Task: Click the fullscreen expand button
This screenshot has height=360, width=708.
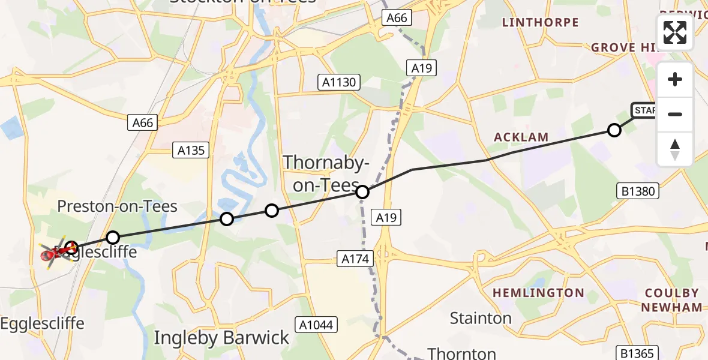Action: coord(675,32)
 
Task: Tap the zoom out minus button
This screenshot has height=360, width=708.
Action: coord(675,114)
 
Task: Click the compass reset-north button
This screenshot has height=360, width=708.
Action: coord(675,149)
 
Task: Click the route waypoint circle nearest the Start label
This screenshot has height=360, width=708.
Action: coord(614,130)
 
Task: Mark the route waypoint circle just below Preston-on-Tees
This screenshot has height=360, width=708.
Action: coord(113,238)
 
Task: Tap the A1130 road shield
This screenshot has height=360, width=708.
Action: coord(339,83)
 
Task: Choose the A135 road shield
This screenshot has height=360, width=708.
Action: coord(191,151)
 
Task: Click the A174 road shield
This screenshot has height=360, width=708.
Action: coord(355,259)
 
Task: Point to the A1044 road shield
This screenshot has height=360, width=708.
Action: coord(318,325)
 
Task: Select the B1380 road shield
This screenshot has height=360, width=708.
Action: coord(638,191)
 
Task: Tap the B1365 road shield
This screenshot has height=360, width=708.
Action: coord(638,353)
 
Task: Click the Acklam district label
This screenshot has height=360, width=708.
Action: coord(521,137)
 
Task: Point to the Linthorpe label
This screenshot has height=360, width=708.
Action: coord(540,23)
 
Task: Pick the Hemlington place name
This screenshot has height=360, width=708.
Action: coord(538,293)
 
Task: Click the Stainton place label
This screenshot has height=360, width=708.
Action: coord(481,317)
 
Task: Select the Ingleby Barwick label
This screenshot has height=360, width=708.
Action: coord(221,338)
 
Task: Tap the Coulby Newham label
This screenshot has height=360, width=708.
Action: coord(671,300)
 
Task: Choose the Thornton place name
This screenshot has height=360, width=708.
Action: coord(461,353)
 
